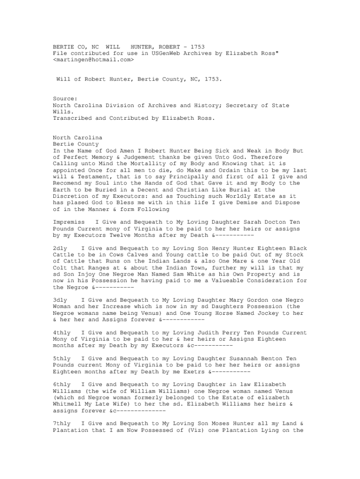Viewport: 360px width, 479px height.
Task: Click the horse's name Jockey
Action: click(x=266, y=313)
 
